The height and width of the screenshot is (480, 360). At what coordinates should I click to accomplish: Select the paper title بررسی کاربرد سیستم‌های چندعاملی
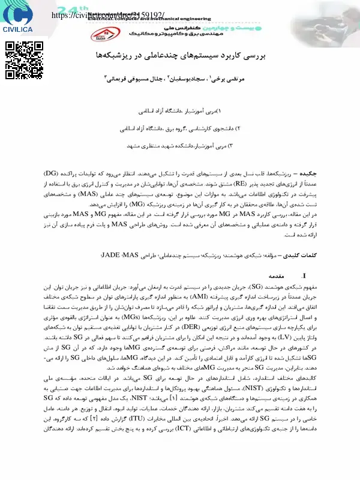point(180,55)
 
